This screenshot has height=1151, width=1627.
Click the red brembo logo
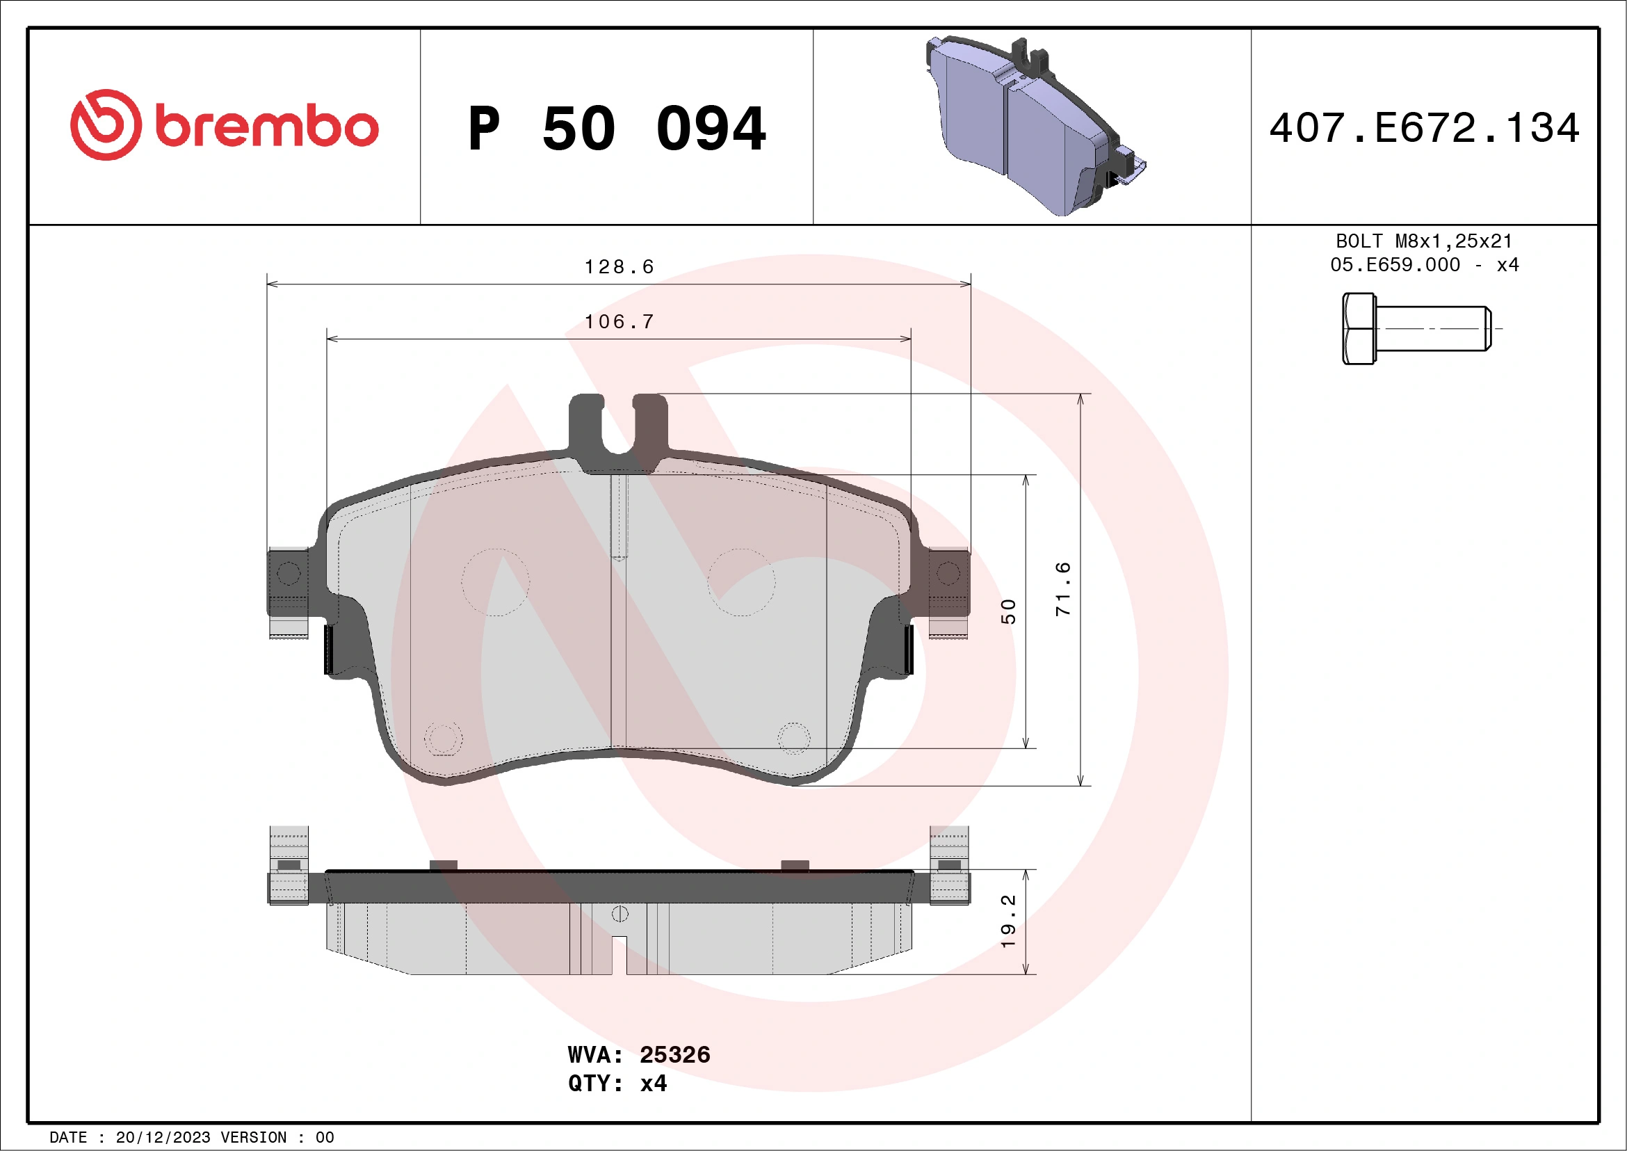point(224,125)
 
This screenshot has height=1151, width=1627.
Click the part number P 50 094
point(617,128)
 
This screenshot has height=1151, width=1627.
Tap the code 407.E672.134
point(1425,128)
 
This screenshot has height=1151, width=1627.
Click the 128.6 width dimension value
point(619,267)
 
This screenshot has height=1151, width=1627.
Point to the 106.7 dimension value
point(619,322)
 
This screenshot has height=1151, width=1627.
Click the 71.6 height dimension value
point(1063,589)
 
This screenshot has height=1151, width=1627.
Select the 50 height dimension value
point(1007,611)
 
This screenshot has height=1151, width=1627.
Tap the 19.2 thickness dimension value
point(1007,921)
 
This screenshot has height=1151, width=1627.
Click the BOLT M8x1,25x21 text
point(1425,241)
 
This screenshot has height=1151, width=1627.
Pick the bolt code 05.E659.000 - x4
point(1425,264)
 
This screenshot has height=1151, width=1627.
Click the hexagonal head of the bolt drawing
point(1359,329)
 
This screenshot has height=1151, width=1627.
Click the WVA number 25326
point(674,1054)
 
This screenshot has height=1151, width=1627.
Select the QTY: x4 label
point(617,1083)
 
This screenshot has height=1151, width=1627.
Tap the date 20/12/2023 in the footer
point(163,1138)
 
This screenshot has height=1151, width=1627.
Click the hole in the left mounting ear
point(289,572)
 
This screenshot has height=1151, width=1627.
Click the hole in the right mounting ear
point(948,572)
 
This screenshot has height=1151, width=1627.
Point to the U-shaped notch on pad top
point(618,433)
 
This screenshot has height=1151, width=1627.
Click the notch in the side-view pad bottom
point(620,955)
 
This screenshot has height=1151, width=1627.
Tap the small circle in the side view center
point(620,914)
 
